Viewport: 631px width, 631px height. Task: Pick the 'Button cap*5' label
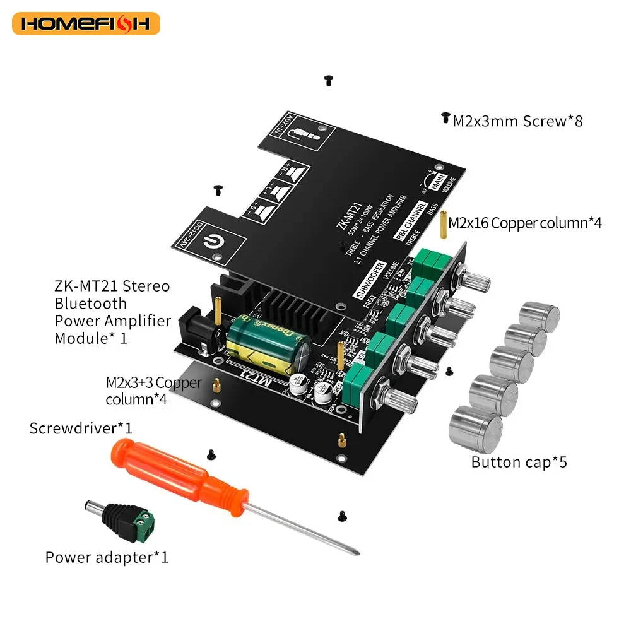(x=519, y=462)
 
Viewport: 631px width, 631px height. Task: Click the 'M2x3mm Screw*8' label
(x=517, y=121)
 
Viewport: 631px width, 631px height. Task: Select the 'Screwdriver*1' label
(x=81, y=428)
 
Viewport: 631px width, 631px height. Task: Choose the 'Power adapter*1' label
(x=107, y=557)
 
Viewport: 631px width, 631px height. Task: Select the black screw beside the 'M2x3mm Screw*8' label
(x=445, y=118)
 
